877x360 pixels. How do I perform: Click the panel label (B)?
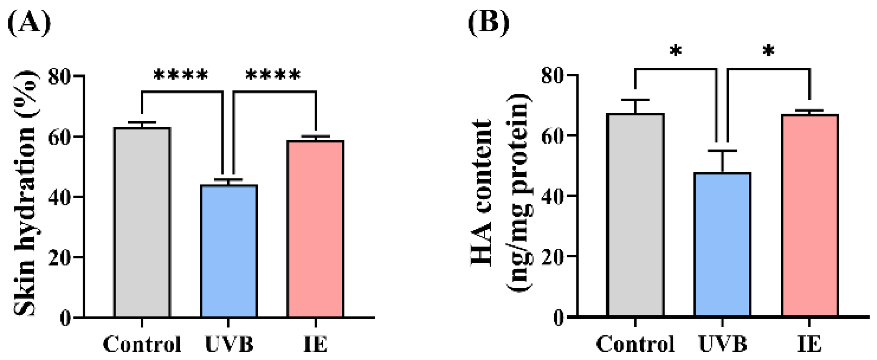(489, 22)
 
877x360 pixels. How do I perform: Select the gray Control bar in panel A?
(142, 222)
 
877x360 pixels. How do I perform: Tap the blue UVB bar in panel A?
(229, 251)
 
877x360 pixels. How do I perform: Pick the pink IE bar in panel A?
(316, 229)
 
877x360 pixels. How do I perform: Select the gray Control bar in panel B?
(635, 215)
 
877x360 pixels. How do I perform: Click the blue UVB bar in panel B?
(722, 244)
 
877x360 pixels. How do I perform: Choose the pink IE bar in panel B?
(810, 215)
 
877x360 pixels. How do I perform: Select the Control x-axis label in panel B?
(635, 344)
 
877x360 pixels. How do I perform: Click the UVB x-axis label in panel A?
(229, 344)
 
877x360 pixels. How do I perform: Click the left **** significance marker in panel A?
(181, 75)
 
